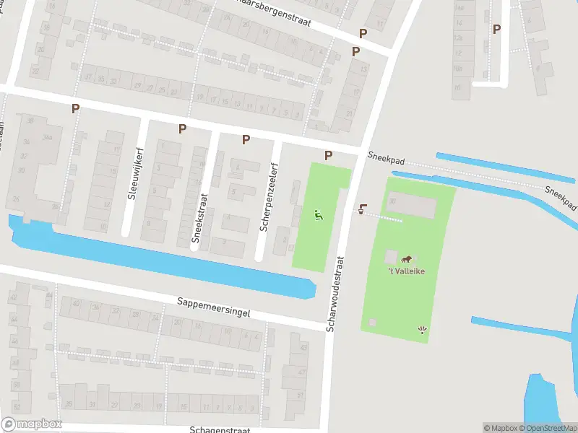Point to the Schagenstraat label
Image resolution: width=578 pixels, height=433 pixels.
(x=220, y=429)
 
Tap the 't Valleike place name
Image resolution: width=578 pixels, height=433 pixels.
(x=405, y=271)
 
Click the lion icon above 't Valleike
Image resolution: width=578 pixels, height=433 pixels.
(x=407, y=259)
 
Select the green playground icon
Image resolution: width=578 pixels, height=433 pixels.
(x=319, y=214)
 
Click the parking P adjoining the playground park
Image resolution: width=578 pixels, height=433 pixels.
(x=329, y=155)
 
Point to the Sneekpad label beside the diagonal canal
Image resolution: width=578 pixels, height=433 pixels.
(x=559, y=194)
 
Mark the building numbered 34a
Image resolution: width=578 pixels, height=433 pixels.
(x=48, y=137)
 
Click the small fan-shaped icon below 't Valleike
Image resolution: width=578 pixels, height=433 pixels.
(x=423, y=331)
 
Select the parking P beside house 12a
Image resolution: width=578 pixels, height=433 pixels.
(x=496, y=29)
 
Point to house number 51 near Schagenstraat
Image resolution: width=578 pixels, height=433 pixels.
(x=301, y=395)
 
